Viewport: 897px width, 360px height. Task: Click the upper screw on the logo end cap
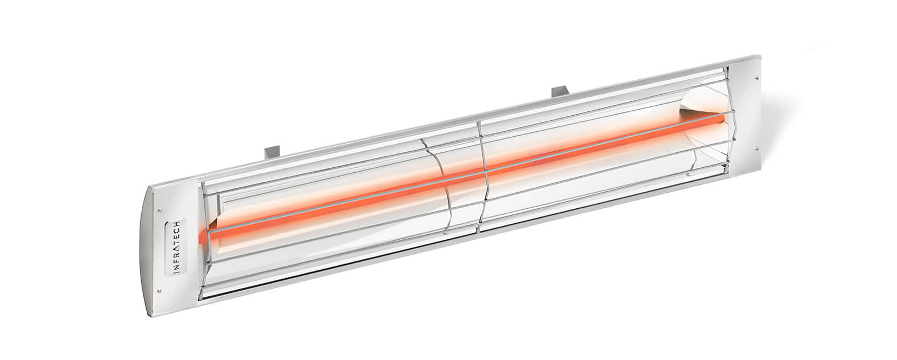(159, 210)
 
